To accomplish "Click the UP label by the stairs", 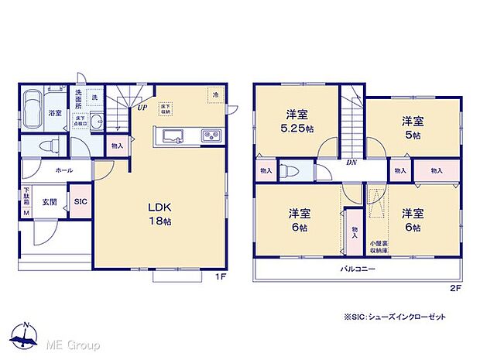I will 142,108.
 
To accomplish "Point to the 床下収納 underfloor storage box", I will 166,108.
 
